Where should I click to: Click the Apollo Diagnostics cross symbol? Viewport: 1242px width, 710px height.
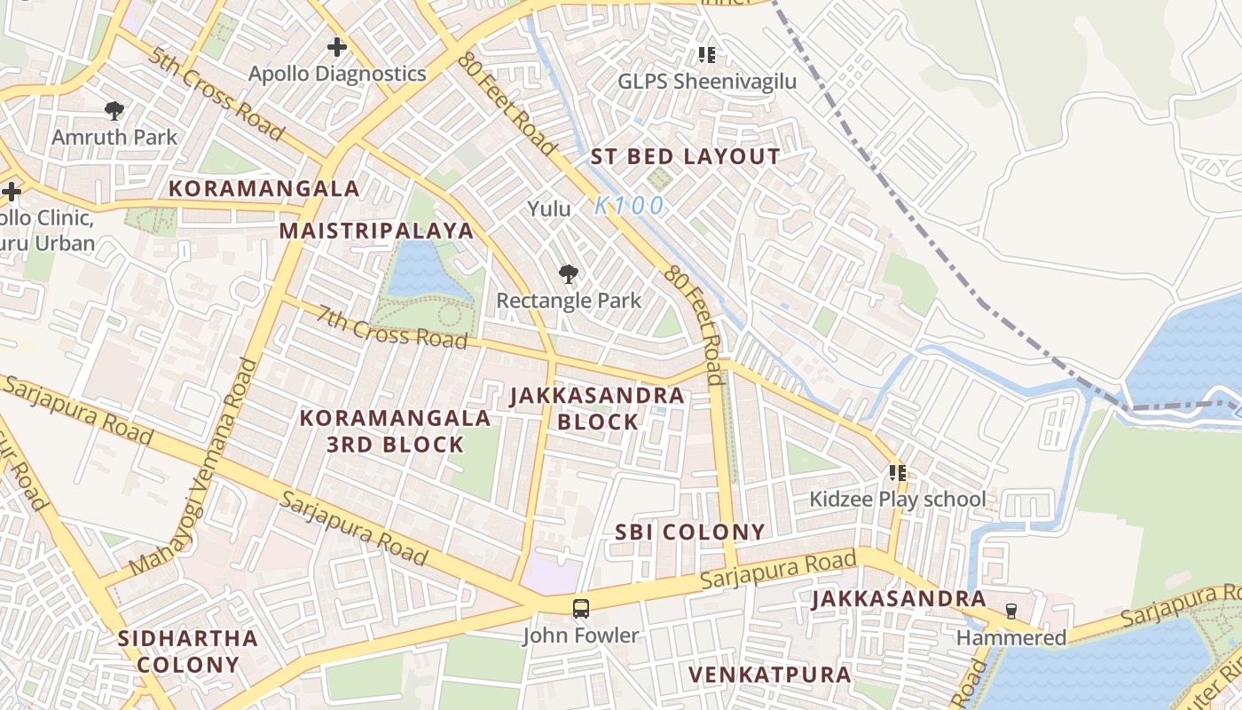click(x=336, y=47)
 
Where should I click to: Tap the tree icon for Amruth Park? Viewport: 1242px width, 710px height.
click(x=114, y=111)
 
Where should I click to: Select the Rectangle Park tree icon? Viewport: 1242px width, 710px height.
click(x=568, y=274)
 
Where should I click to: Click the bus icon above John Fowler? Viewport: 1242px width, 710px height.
click(x=580, y=609)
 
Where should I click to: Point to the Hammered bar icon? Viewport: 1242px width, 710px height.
click(x=1010, y=611)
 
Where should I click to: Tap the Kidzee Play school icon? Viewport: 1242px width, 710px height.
click(x=897, y=473)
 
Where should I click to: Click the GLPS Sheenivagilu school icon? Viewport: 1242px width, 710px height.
click(x=706, y=55)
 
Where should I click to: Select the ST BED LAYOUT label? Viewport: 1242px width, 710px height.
click(x=686, y=157)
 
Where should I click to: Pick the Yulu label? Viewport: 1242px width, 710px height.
click(x=549, y=209)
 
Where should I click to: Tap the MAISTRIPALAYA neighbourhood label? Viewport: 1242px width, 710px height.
click(x=377, y=231)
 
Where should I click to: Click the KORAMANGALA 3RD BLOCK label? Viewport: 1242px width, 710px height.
click(x=395, y=431)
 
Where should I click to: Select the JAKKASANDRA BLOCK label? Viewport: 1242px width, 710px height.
click(x=597, y=408)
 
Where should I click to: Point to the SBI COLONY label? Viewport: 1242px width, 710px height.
click(x=689, y=532)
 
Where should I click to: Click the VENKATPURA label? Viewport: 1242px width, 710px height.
click(x=769, y=674)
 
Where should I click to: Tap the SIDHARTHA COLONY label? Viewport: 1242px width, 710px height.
click(x=188, y=651)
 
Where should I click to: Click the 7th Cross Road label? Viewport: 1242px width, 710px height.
click(x=392, y=327)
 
